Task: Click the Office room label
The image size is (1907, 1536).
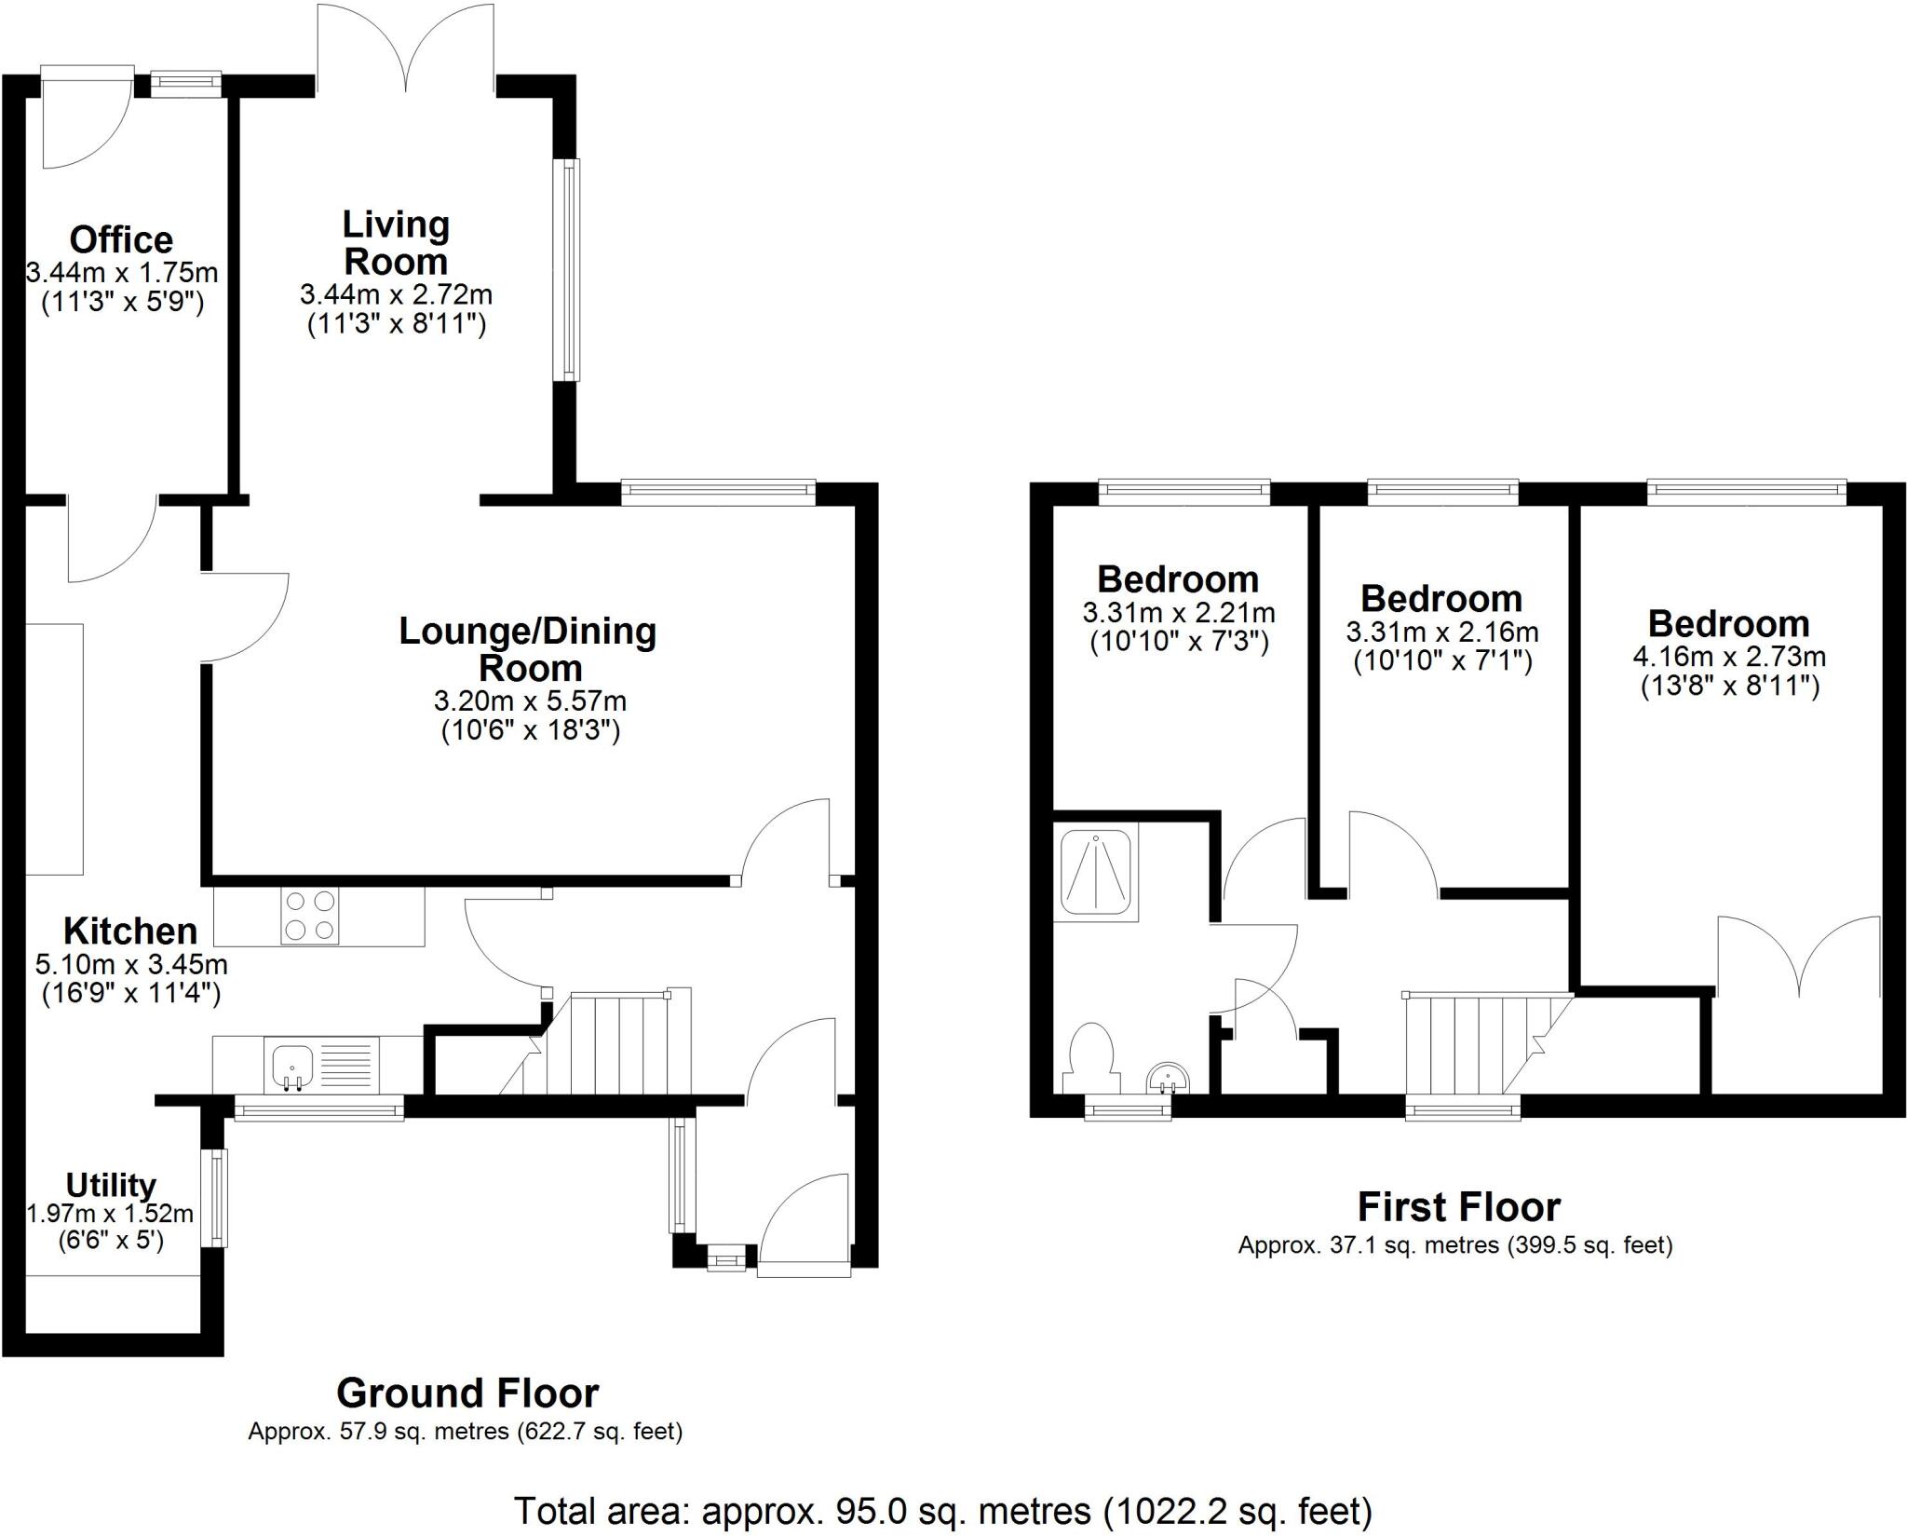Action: tap(121, 240)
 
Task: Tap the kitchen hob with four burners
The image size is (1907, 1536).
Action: tap(310, 916)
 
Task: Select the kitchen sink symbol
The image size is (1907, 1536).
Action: tap(292, 1065)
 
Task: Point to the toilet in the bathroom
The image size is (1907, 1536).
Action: tap(1091, 1058)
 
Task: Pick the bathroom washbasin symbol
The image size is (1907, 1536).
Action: tap(1167, 1079)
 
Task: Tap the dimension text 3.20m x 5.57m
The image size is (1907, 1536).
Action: tap(530, 700)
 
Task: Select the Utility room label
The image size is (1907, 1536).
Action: tap(110, 1185)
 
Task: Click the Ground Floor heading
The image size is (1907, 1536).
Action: tap(467, 1393)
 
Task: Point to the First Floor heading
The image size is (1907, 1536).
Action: tap(1458, 1206)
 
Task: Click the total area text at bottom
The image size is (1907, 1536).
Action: tap(943, 1510)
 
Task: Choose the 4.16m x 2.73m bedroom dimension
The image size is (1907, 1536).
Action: tap(1728, 657)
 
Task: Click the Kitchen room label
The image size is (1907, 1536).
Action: tap(130, 931)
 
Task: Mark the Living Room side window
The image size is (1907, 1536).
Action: tap(568, 269)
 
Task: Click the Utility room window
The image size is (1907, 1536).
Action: tap(217, 1197)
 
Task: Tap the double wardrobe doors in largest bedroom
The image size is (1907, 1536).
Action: tap(1798, 959)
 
